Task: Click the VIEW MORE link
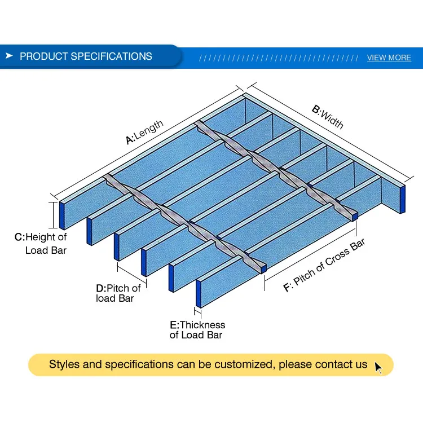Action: coord(389,58)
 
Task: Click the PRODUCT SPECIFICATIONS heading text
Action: coord(86,56)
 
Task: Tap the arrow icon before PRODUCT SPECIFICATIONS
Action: coord(9,56)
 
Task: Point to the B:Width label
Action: coord(328,116)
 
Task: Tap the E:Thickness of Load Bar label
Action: coord(197,330)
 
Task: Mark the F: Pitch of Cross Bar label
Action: coord(324,265)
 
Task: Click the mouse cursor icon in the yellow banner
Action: coord(378,368)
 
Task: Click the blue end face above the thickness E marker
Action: coord(199,293)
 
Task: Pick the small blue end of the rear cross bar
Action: coord(355,216)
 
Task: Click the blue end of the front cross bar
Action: coord(263,270)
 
